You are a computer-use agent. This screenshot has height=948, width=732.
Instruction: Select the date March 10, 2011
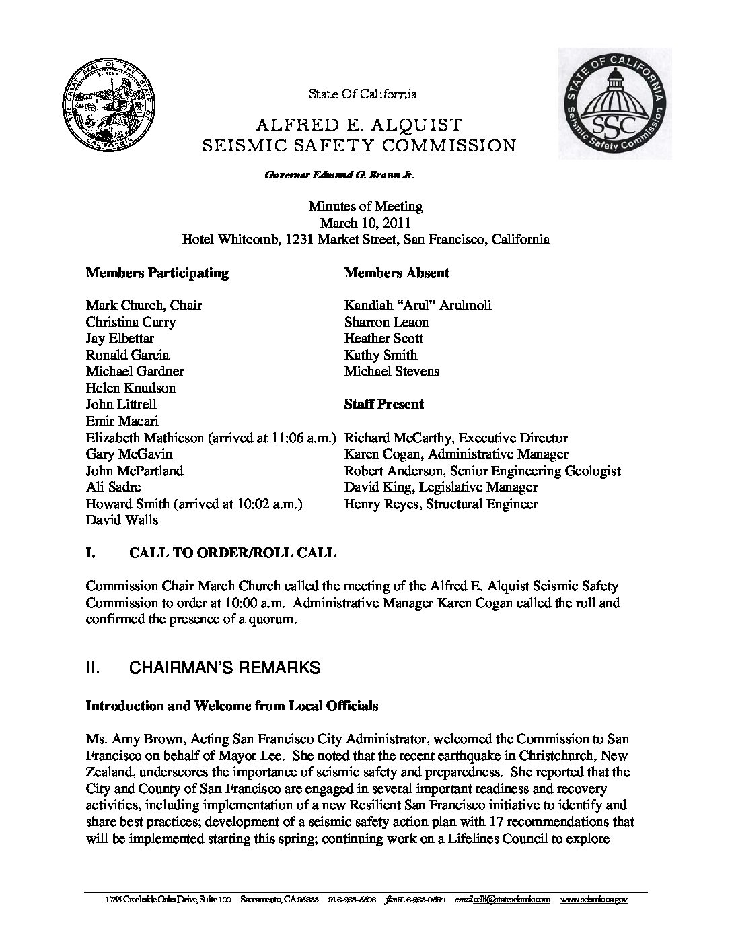pyautogui.click(x=365, y=223)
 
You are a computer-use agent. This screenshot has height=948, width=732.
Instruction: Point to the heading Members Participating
pyautogui.click(x=157, y=273)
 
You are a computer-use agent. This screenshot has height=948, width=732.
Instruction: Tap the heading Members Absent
pyautogui.click(x=397, y=273)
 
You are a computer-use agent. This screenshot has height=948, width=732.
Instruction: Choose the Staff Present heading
pyautogui.click(x=384, y=404)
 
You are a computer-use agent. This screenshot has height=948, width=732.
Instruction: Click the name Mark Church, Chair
pyautogui.click(x=144, y=305)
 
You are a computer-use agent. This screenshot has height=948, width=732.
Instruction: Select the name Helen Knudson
pyautogui.click(x=131, y=388)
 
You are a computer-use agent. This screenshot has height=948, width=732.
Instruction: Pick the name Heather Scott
pyautogui.click(x=383, y=338)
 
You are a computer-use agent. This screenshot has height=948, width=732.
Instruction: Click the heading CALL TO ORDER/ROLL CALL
pyautogui.click(x=232, y=553)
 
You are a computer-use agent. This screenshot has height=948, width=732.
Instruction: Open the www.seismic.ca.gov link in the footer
pyautogui.click(x=593, y=900)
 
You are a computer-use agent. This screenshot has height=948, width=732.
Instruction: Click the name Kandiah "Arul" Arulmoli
pyautogui.click(x=418, y=305)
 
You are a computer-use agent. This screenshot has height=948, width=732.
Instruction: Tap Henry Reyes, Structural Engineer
pyautogui.click(x=441, y=504)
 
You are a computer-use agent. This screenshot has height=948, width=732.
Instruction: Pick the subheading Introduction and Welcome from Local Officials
pyautogui.click(x=232, y=706)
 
